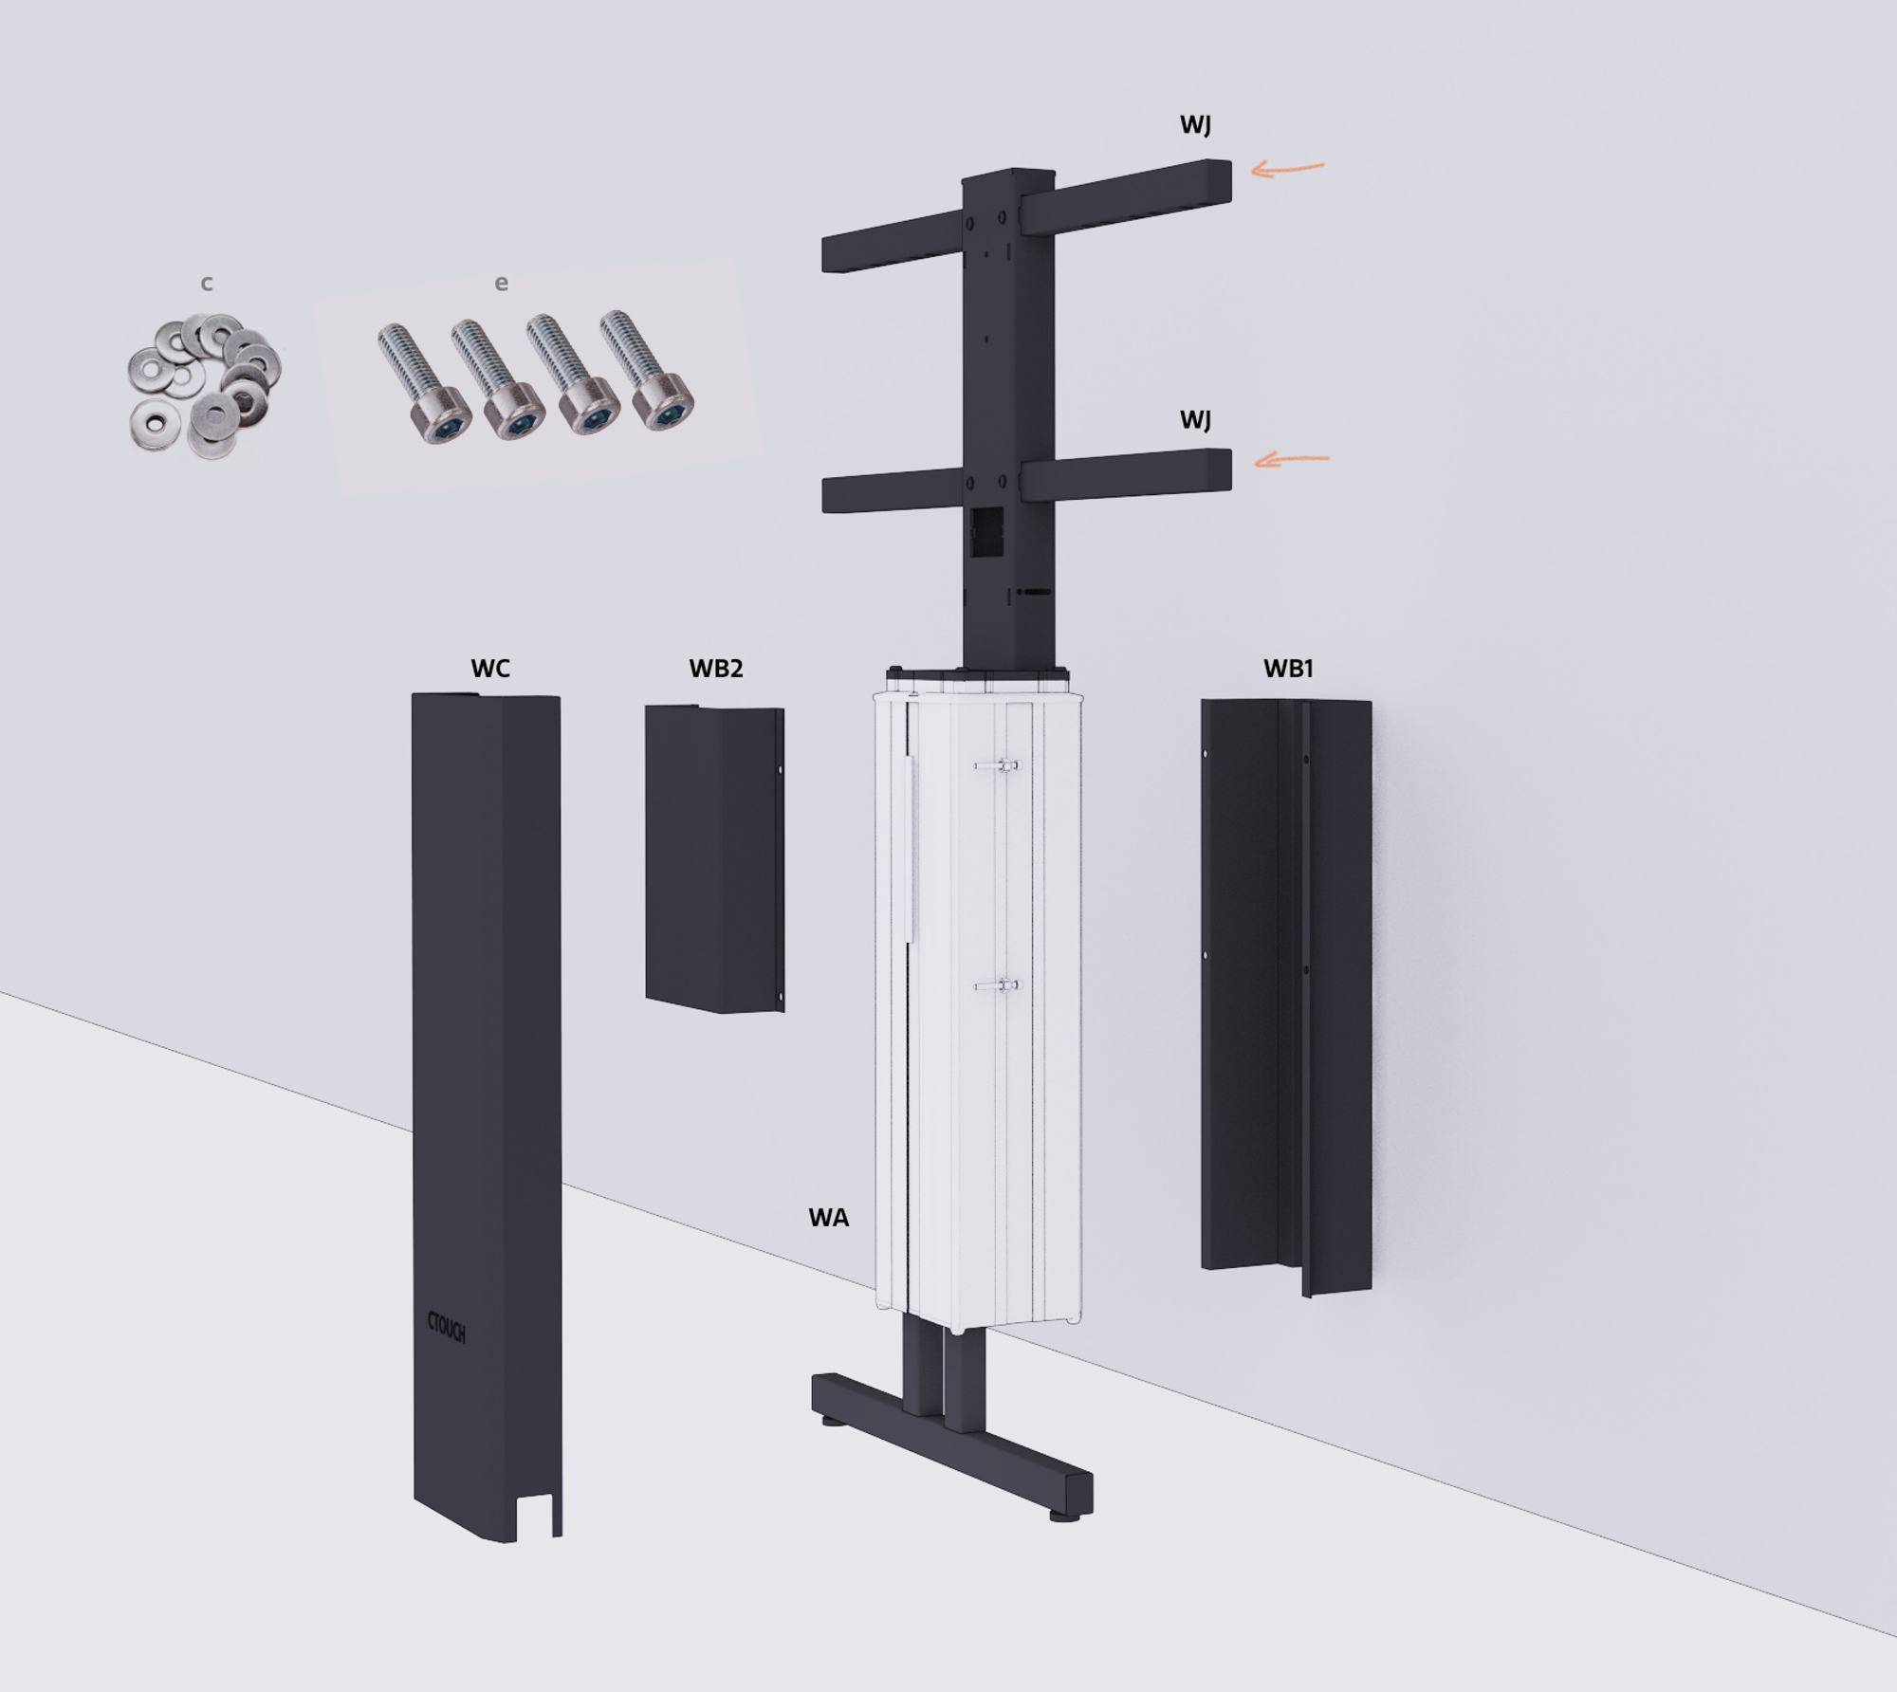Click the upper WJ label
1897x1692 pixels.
[x=1195, y=124]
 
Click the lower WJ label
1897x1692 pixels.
[x=1195, y=419]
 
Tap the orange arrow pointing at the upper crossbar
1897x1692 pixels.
[x=1287, y=169]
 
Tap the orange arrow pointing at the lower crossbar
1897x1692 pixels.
[x=1292, y=460]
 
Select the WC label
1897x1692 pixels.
[x=490, y=668]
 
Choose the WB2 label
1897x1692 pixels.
[x=716, y=668]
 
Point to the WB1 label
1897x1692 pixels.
[x=1288, y=668]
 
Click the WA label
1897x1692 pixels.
[x=828, y=1218]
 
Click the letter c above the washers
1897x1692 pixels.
[x=207, y=283]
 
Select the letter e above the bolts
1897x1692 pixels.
[x=502, y=283]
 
